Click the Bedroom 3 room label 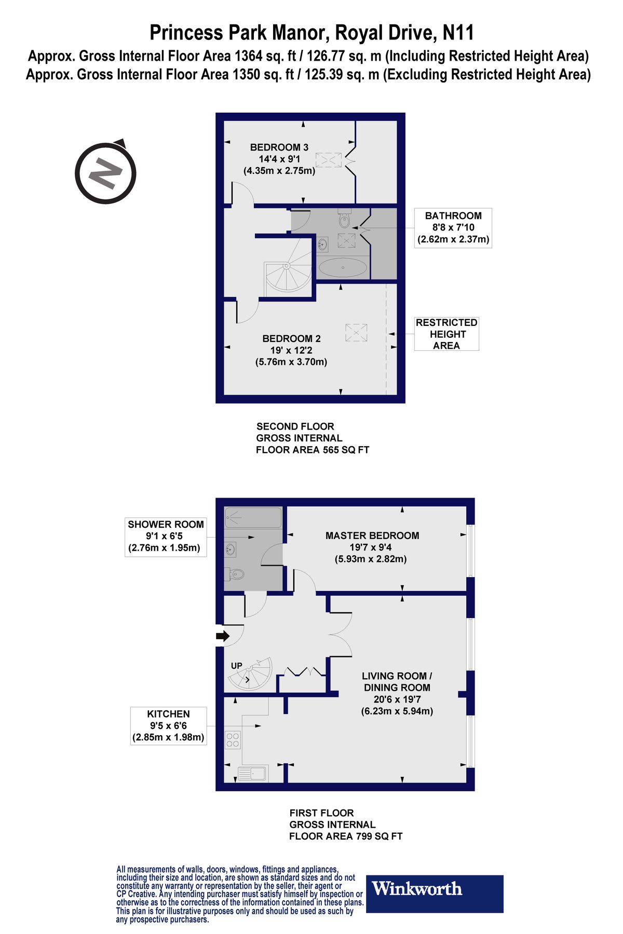[x=279, y=159]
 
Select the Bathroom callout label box [x=453, y=228]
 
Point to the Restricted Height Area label [x=446, y=334]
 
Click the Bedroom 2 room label [x=291, y=350]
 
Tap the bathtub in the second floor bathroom [x=343, y=268]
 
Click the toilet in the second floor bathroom [x=344, y=219]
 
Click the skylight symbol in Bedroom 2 [x=356, y=333]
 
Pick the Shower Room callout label [x=166, y=536]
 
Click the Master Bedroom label [x=372, y=547]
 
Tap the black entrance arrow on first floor [x=223, y=636]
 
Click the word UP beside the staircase [x=237, y=666]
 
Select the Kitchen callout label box [x=168, y=725]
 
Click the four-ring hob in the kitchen [x=233, y=739]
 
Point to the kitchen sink [x=252, y=773]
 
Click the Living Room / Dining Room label [x=397, y=693]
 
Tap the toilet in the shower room [x=236, y=574]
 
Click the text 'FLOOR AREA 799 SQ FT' [x=346, y=836]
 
